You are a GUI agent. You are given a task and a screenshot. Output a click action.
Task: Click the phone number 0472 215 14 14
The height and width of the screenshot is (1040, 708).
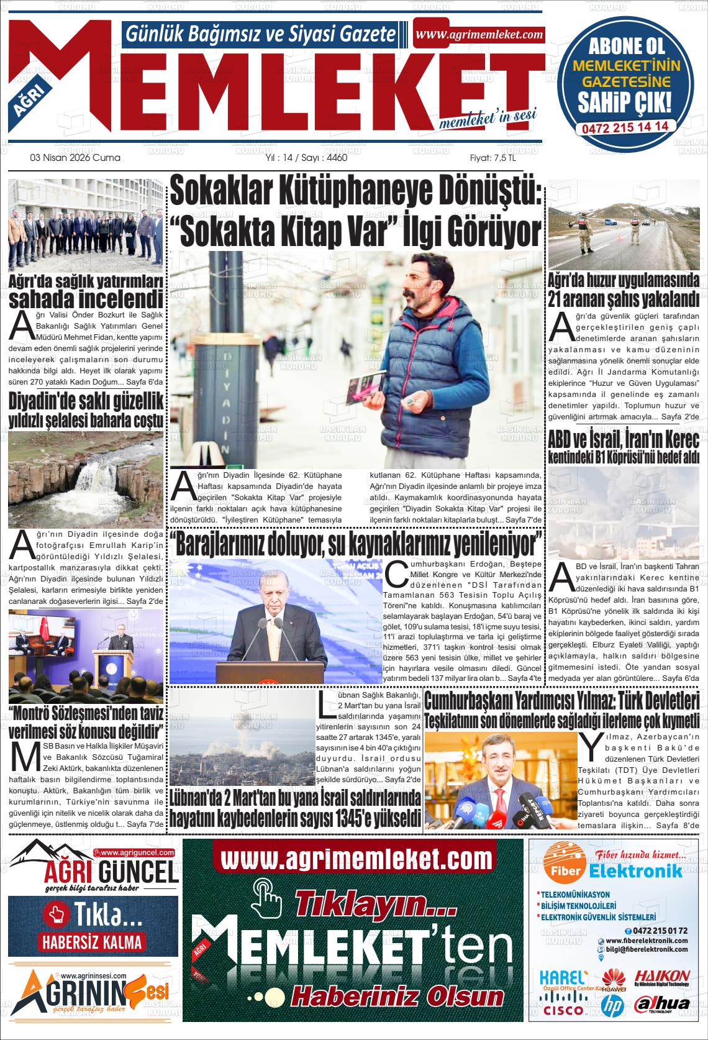point(625,126)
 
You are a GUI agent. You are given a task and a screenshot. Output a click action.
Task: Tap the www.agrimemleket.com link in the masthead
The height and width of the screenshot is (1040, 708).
point(479,35)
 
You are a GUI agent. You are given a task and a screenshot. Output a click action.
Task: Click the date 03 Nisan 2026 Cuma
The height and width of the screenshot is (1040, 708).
point(75,158)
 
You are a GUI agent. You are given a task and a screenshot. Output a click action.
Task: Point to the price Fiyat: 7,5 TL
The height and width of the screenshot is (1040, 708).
point(492,158)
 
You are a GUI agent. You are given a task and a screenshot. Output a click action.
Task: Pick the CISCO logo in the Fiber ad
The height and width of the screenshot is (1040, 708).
point(563,1010)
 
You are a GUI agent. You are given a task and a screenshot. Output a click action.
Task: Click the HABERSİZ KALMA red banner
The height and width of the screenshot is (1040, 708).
point(92,941)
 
